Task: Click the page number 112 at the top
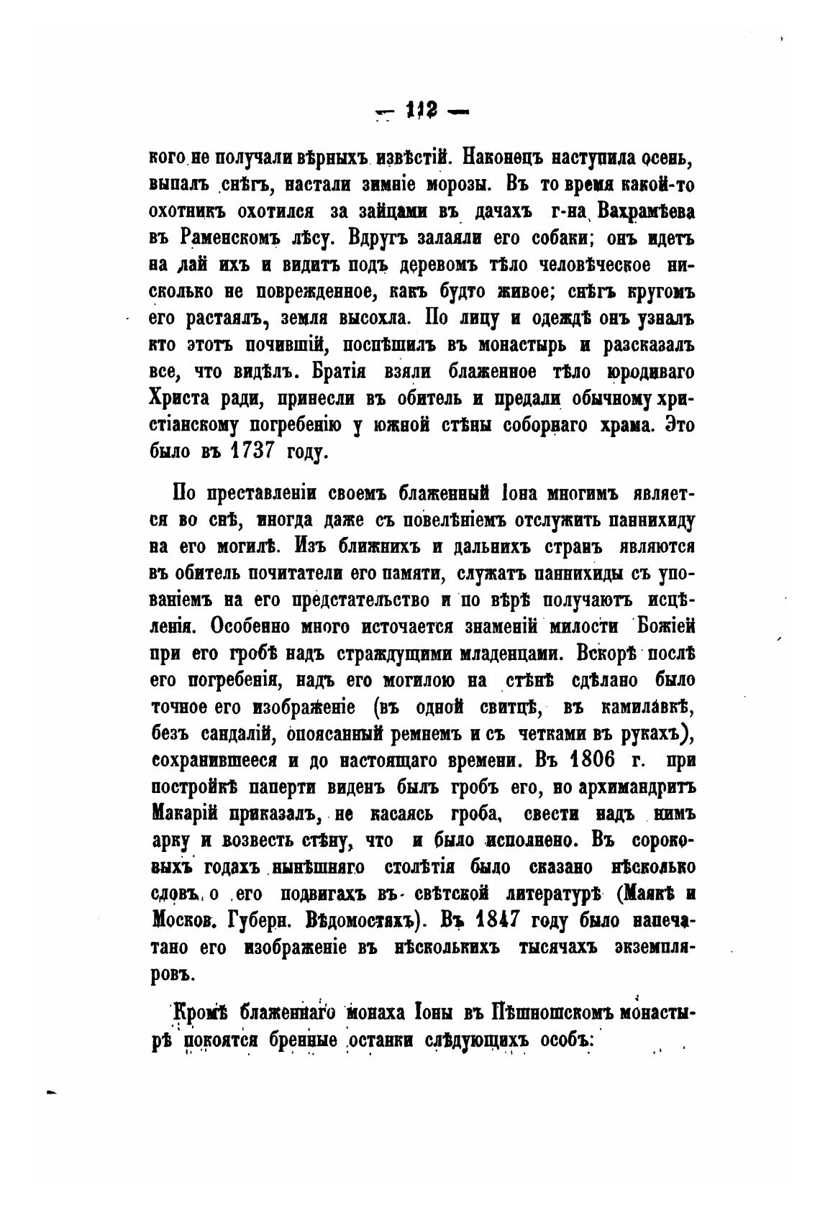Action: coord(420,111)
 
